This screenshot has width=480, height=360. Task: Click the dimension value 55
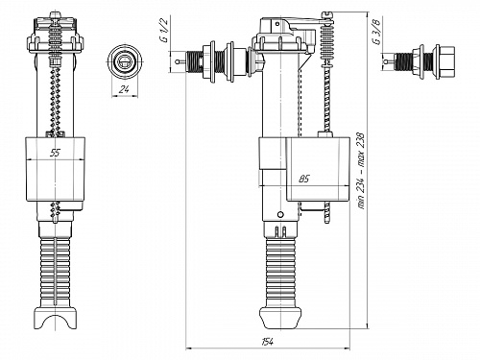click(56, 153)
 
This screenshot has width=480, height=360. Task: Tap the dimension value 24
click(124, 89)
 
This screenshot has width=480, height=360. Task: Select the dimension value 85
click(305, 179)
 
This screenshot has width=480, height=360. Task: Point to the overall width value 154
click(267, 342)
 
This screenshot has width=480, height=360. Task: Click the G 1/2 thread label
click(163, 30)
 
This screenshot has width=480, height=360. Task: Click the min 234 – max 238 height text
click(361, 170)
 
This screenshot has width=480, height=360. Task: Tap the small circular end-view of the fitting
click(125, 61)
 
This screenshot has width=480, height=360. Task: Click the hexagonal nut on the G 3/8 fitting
click(447, 62)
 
